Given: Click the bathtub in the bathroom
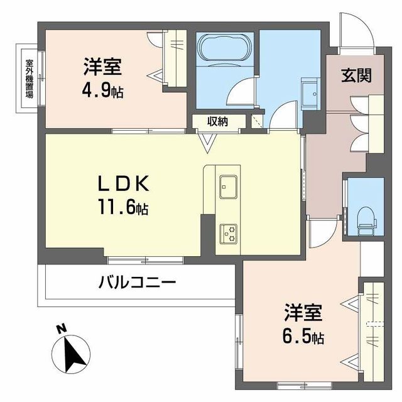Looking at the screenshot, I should point(224,48).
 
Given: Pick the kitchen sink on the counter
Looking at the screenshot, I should point(227,185).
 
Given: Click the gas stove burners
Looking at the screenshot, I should point(227,234).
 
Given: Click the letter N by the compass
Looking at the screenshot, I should point(61,329).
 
